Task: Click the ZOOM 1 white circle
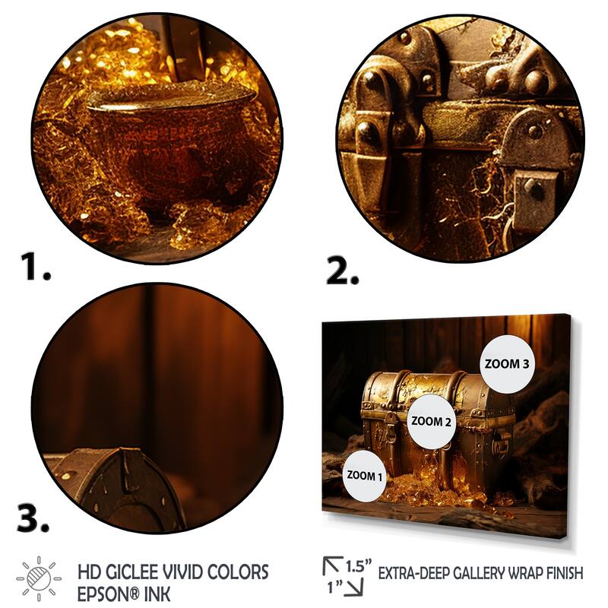pyautogui.click(x=364, y=476)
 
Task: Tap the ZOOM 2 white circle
pyautogui.click(x=431, y=421)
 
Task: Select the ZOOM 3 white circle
pyautogui.click(x=507, y=364)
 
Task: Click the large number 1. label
pyautogui.click(x=35, y=268)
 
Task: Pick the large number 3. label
pyautogui.click(x=33, y=518)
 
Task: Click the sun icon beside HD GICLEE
pyautogui.click(x=39, y=578)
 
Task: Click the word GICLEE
pyautogui.click(x=131, y=572)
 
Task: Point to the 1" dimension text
pyautogui.click(x=334, y=587)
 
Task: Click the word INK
pyautogui.click(x=157, y=594)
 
